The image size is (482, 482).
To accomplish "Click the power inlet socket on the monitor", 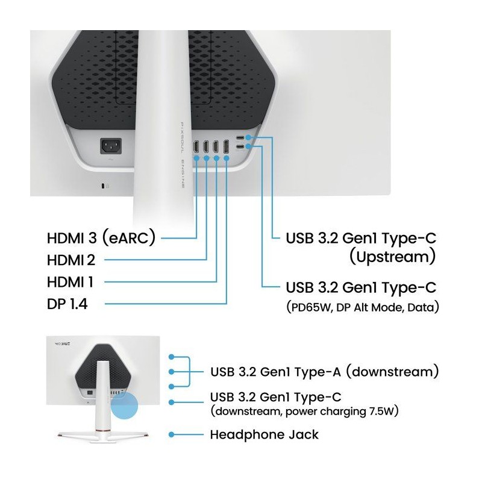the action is click(111, 146).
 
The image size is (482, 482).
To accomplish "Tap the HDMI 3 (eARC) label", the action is click(101, 237).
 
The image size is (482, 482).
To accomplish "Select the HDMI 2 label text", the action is click(71, 260).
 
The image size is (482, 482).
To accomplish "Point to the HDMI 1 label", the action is click(70, 282).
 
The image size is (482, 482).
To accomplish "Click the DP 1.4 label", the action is click(67, 304).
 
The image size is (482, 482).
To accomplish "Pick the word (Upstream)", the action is click(393, 257).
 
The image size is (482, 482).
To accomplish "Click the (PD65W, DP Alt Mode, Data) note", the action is click(363, 307).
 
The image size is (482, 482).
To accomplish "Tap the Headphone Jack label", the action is click(264, 434).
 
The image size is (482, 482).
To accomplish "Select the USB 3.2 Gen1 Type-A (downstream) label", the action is click(325, 372).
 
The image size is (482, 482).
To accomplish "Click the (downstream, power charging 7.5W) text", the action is click(304, 411).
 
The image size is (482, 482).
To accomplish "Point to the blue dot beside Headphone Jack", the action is click(172, 434).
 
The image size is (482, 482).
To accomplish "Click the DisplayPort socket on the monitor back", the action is click(227, 146).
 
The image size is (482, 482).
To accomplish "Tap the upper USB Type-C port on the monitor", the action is click(240, 138).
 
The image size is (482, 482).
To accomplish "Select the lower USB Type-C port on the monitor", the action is click(240, 146).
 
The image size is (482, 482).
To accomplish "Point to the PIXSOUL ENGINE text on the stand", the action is click(182, 155).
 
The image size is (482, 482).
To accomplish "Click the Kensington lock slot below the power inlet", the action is click(103, 186).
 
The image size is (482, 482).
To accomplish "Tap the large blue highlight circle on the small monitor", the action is click(124, 405).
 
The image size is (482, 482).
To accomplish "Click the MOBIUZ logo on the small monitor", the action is click(63, 343).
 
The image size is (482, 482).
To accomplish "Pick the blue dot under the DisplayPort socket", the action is click(227, 158).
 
